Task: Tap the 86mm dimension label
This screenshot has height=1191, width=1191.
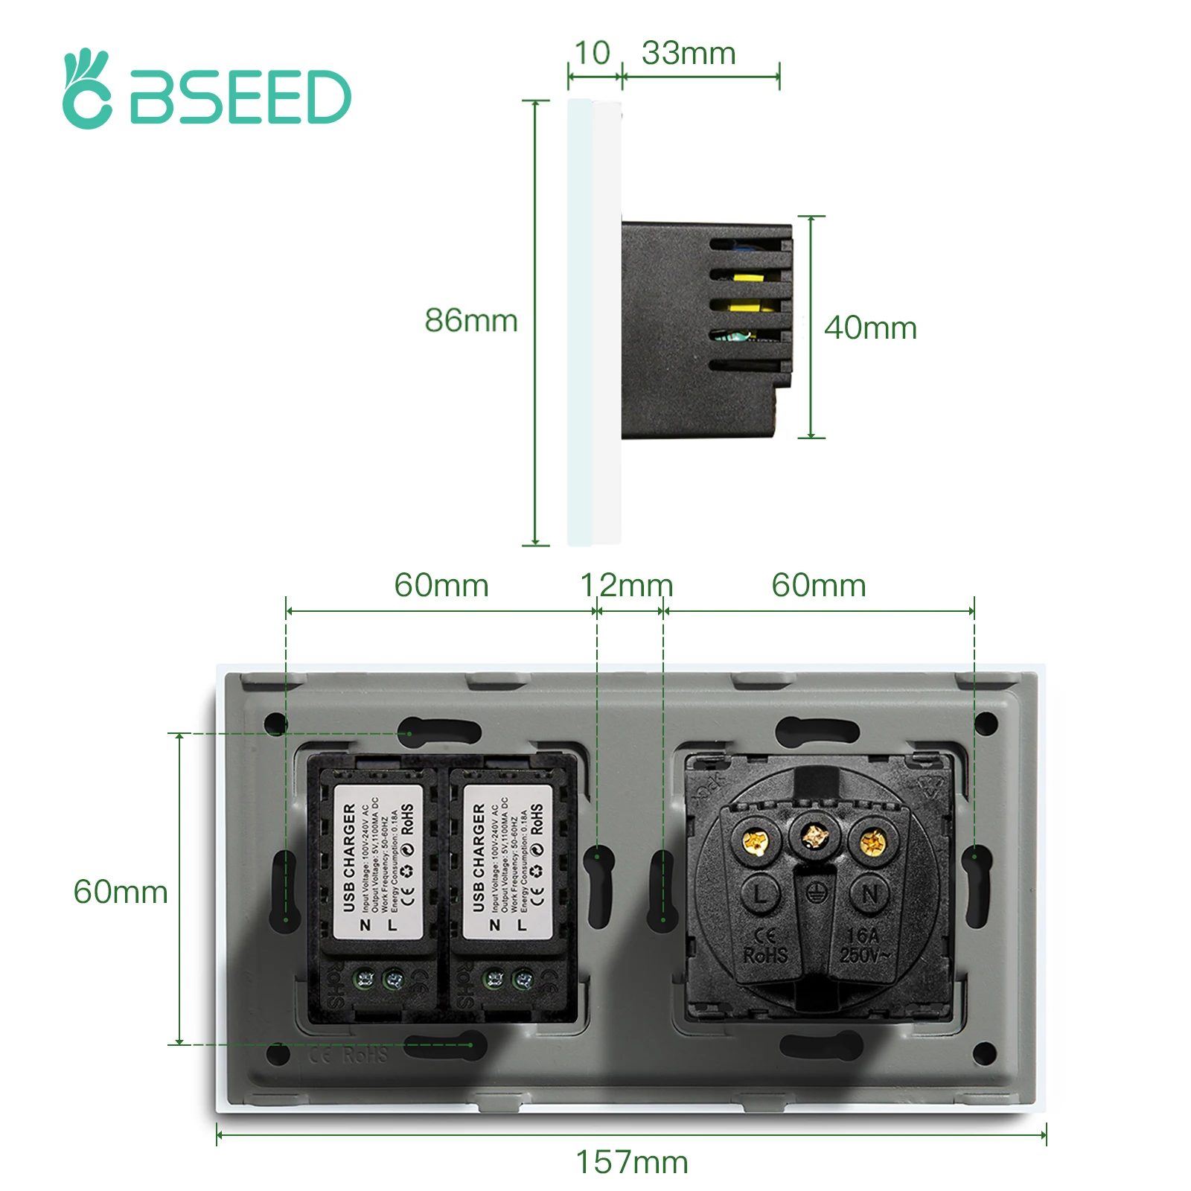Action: (x=470, y=321)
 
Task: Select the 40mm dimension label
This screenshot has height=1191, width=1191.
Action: (x=870, y=328)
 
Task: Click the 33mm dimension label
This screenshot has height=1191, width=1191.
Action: (x=689, y=54)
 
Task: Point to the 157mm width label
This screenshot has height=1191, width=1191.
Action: (x=632, y=1162)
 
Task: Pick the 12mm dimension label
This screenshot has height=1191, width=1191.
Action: (x=627, y=586)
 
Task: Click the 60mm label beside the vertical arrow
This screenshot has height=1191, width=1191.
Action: (x=121, y=892)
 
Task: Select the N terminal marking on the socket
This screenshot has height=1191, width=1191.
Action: (x=869, y=894)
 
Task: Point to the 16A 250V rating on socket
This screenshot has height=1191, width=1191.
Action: (x=863, y=945)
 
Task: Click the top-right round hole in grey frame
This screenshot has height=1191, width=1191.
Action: (x=986, y=722)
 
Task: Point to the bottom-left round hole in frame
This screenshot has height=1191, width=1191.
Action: (x=278, y=1053)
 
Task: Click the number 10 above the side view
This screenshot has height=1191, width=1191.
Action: (x=593, y=54)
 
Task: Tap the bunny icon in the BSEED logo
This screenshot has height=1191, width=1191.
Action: (x=87, y=89)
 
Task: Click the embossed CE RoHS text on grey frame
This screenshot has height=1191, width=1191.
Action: (x=348, y=1055)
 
